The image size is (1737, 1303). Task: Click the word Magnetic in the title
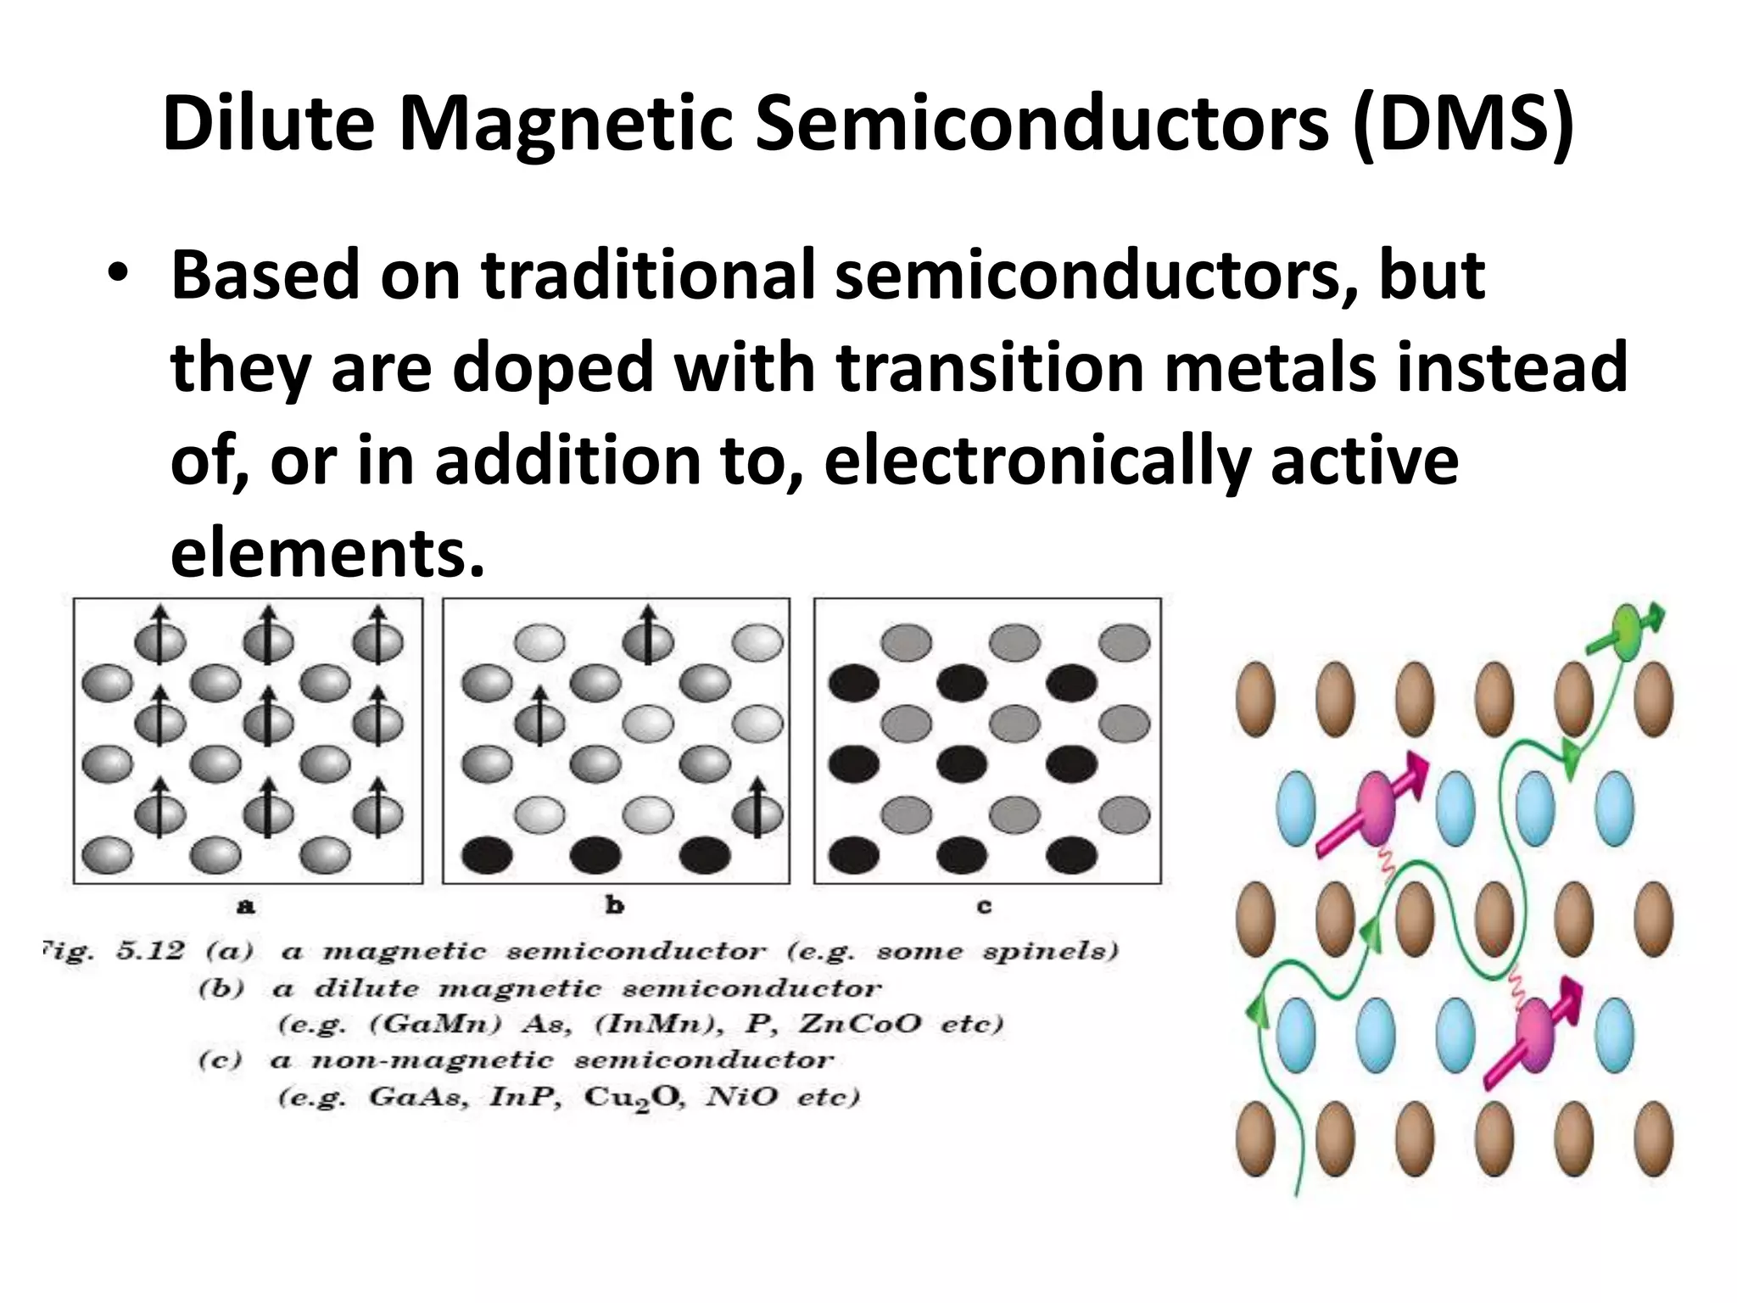566,124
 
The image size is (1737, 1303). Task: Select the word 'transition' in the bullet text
991,367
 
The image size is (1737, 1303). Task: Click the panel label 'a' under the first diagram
245,907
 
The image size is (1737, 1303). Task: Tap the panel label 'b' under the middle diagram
615,906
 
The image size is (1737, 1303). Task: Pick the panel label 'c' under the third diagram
984,907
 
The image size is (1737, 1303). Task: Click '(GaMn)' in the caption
435,1025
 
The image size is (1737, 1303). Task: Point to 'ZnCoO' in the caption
858,1025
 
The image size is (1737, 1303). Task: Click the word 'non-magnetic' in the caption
433,1061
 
